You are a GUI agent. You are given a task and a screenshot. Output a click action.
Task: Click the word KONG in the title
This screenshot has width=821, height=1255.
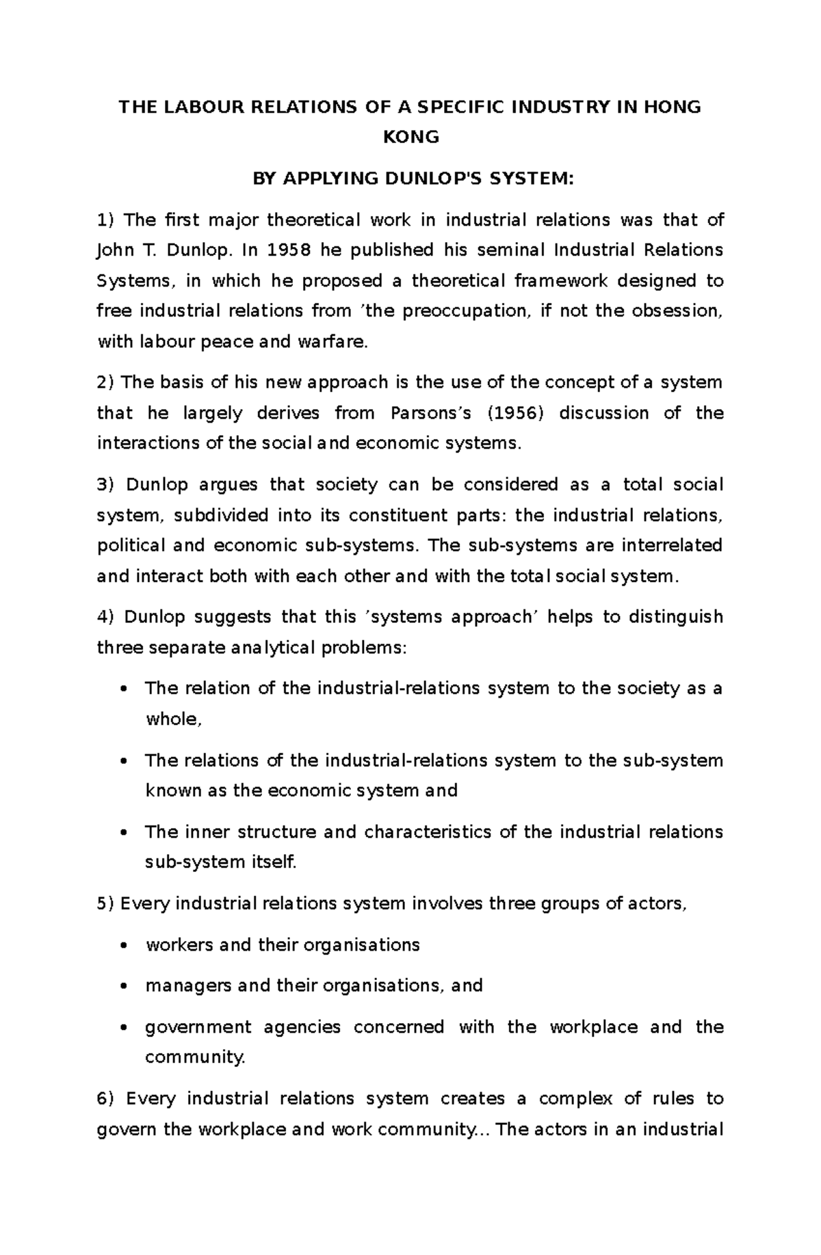[410, 137]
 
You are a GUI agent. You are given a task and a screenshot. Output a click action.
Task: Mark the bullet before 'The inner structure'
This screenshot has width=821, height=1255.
[123, 833]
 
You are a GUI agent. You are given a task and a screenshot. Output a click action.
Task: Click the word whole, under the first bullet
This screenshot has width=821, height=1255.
[174, 719]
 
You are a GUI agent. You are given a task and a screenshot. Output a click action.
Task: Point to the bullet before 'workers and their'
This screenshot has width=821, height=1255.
[123, 946]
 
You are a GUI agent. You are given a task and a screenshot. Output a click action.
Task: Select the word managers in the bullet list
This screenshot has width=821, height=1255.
[179, 986]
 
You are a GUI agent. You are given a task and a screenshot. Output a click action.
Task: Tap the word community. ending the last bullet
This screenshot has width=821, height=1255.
[195, 1057]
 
